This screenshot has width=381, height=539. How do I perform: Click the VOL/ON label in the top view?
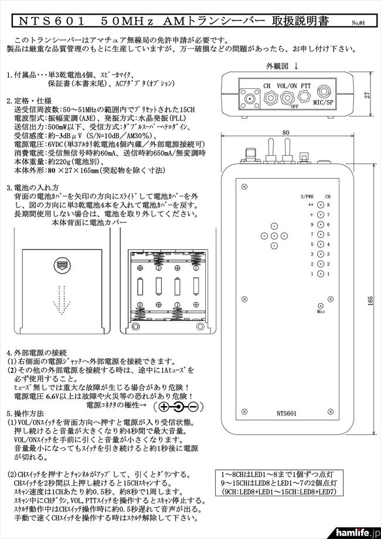[285, 85]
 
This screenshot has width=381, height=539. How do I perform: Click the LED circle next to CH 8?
[321, 205]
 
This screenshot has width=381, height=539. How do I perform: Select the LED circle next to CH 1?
[321, 274]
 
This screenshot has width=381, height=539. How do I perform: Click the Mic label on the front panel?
[321, 312]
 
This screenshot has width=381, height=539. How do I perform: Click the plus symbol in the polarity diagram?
[164, 406]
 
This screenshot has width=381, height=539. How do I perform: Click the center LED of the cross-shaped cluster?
[274, 235]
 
